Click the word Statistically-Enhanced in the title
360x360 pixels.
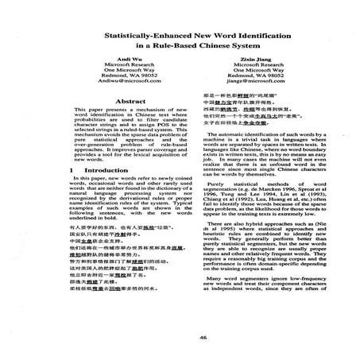[x=137, y=59]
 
